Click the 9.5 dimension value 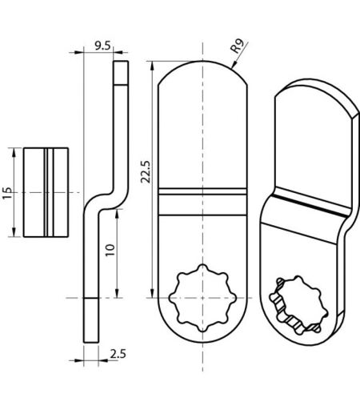[x=102, y=46]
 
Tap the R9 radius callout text [x=237, y=46]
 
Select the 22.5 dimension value [x=146, y=172]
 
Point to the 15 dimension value [x=7, y=193]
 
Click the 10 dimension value [x=110, y=250]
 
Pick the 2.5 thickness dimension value [x=118, y=354]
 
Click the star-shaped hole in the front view [x=202, y=298]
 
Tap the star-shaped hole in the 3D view [x=298, y=305]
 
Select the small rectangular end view [x=46, y=192]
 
